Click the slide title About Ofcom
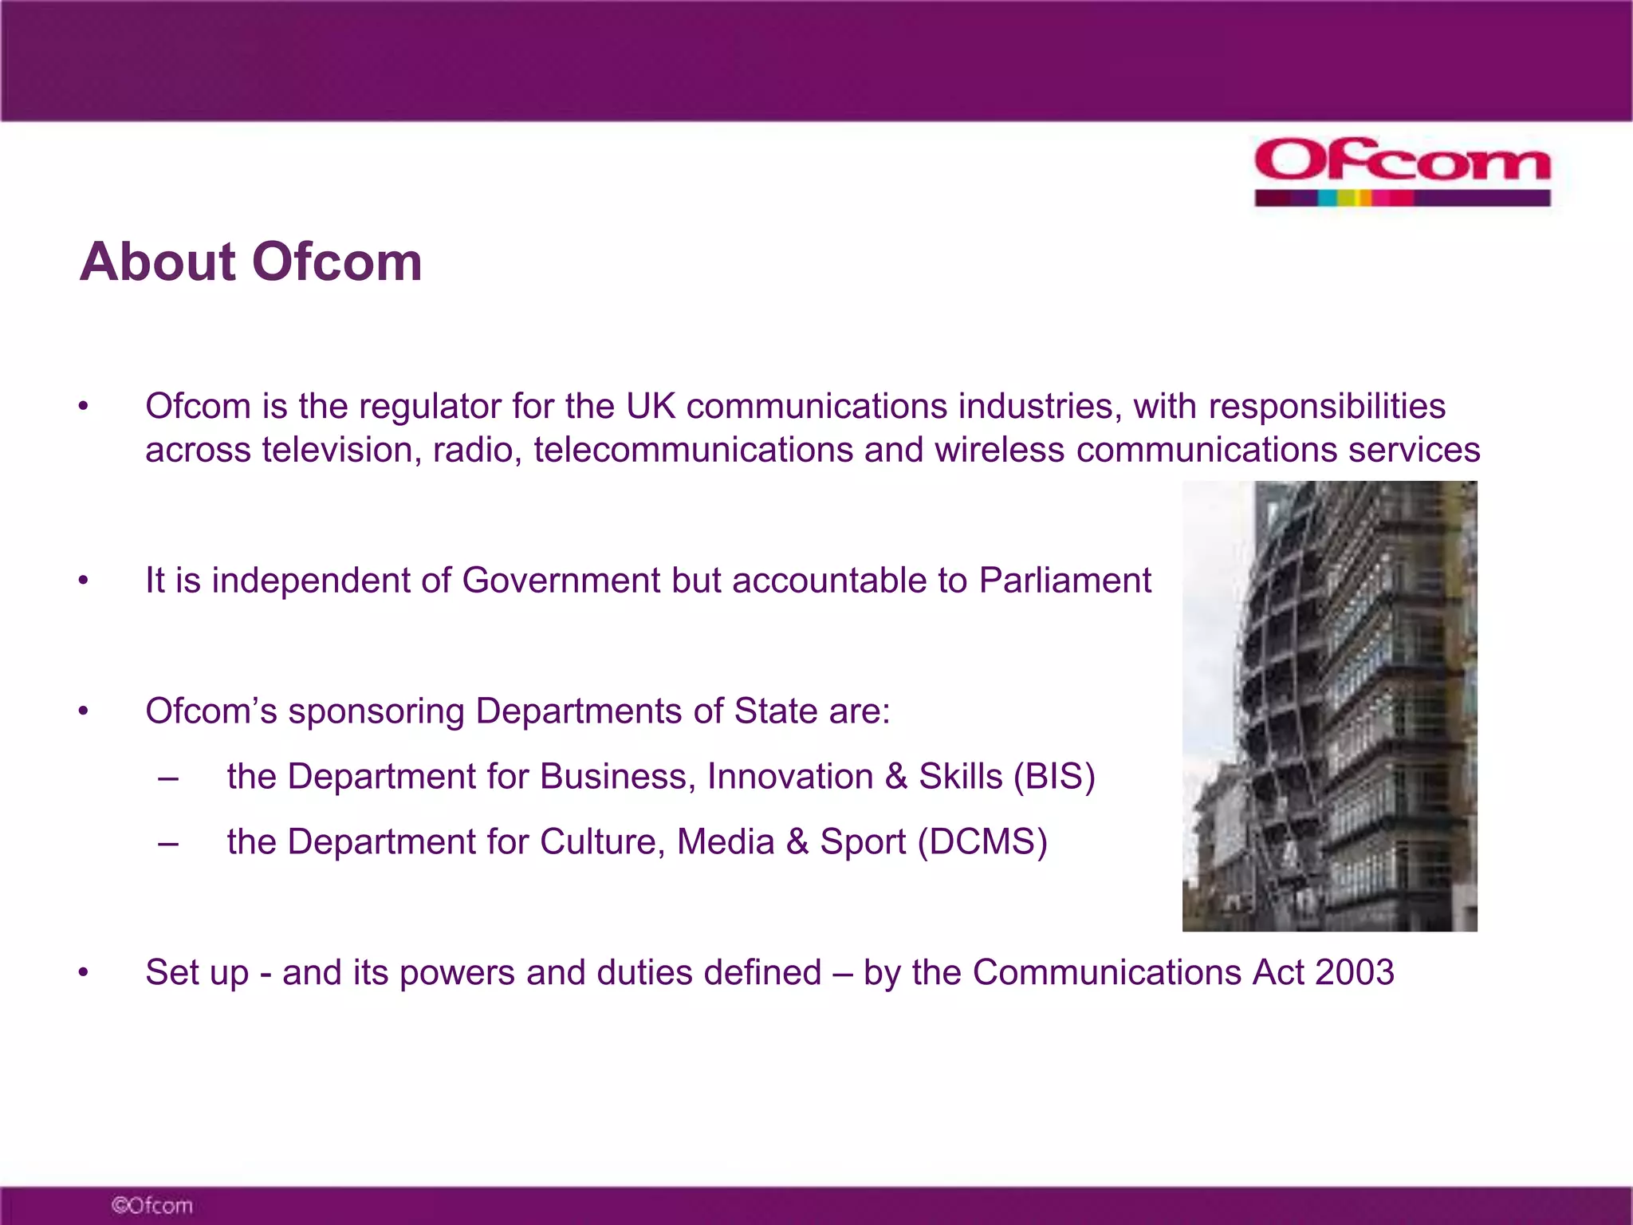pos(251,262)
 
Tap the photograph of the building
pos(1329,706)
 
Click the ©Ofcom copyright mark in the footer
pos(152,1205)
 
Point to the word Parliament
pos(1064,581)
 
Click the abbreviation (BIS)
pos(1054,777)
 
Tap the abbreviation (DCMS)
pos(982,842)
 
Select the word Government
pos(561,581)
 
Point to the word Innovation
pos(790,777)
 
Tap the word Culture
pos(602,842)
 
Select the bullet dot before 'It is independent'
pos(83,581)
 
